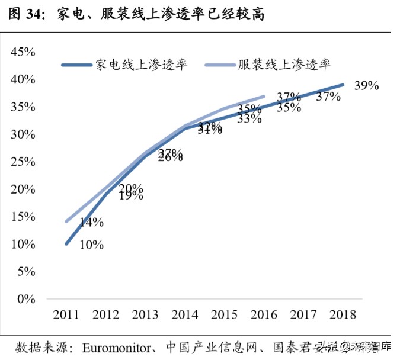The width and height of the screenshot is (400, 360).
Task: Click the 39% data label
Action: [366, 86]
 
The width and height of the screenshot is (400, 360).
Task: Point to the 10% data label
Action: [92, 244]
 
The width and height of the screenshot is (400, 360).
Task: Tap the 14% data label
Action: [92, 223]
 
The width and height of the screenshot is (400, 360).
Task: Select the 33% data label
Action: [249, 118]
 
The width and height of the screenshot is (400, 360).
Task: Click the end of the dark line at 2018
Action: [343, 85]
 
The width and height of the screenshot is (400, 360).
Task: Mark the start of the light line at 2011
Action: [66, 222]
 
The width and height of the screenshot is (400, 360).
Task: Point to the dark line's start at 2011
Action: [66, 243]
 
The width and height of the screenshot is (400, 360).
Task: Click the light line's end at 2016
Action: [264, 96]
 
